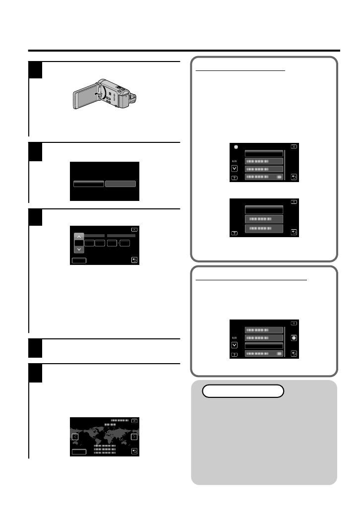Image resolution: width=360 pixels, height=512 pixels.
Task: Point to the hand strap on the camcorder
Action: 132,96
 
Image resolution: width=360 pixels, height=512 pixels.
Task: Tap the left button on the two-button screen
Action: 89,184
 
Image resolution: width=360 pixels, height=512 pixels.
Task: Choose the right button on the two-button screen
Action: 120,184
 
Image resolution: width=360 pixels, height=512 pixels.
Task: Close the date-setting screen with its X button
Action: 134,230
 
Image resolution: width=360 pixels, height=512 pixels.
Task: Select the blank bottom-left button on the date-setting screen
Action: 78,259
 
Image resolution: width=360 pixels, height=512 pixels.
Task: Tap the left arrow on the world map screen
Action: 75,437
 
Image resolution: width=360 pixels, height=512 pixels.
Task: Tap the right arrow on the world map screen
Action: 134,437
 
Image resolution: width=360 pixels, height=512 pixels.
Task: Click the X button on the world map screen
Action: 134,421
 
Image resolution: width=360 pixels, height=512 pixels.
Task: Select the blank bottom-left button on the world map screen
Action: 78,451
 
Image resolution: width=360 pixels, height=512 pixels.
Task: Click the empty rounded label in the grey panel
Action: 243,391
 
